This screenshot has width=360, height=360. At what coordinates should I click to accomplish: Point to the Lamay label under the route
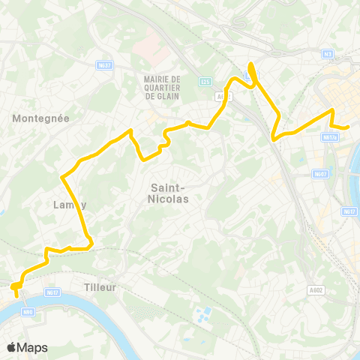[x=70, y=204]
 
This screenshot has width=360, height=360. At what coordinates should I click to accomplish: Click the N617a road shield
[x=328, y=138]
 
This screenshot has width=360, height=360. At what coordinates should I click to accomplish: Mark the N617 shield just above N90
[x=51, y=292]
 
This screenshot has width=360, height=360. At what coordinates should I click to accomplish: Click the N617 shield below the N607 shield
[x=349, y=211]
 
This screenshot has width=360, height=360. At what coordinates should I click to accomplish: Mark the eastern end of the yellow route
[x=349, y=127]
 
